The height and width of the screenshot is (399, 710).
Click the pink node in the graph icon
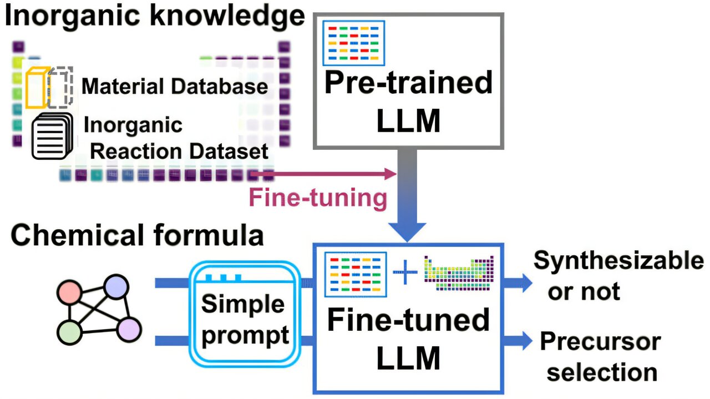[70, 292]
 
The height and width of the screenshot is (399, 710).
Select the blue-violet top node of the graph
[116, 286]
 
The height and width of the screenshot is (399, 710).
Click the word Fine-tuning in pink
[318, 199]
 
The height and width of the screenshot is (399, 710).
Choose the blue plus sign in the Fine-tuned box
[405, 274]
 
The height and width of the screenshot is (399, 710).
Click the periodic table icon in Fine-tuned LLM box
[459, 272]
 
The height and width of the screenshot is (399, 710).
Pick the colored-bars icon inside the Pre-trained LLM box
[354, 43]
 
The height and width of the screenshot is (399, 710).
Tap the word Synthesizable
[618, 261]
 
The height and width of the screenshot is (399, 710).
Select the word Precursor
[600, 342]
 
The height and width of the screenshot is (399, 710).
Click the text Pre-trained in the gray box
[408, 83]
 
